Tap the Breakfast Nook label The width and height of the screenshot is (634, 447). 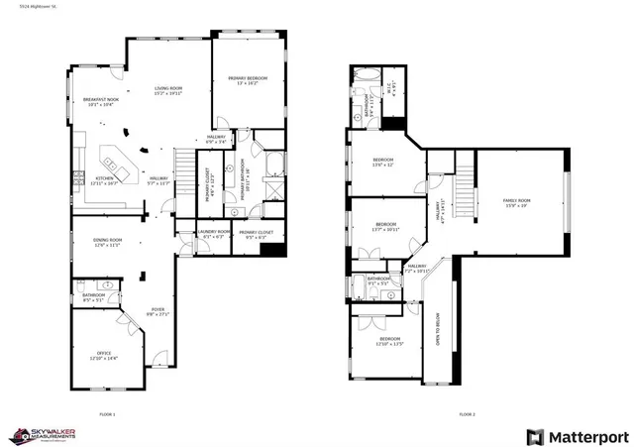[89, 102]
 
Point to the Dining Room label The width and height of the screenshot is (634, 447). [107, 242]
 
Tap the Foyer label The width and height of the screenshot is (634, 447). [157, 311]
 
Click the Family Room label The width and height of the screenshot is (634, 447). [518, 203]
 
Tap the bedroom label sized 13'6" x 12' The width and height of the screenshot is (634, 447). [383, 163]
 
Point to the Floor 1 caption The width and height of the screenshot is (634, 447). [107, 413]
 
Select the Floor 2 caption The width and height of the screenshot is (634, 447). [467, 413]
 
